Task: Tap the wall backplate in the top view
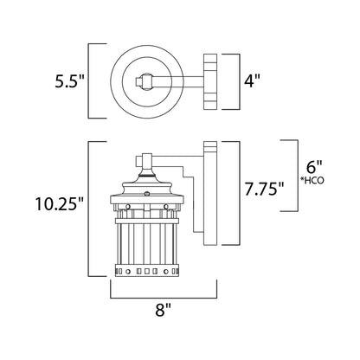(208, 83)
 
